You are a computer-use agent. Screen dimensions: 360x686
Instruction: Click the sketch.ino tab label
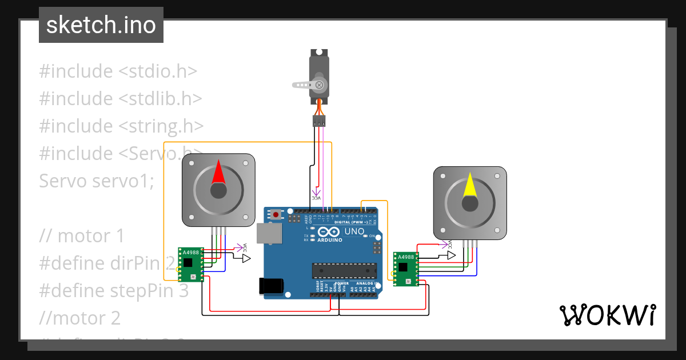(x=101, y=25)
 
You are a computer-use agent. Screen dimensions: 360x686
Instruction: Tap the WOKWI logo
(x=607, y=315)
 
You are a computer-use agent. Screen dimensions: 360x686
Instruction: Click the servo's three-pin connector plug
(x=319, y=121)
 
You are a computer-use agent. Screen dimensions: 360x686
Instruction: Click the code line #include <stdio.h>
(x=118, y=71)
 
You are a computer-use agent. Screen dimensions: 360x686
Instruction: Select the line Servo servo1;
(x=97, y=181)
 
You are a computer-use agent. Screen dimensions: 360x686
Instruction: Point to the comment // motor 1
(x=82, y=235)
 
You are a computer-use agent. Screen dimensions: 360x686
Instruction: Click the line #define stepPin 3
(x=114, y=290)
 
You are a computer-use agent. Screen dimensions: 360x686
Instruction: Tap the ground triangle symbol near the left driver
(x=246, y=258)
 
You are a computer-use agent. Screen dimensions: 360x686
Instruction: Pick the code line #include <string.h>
(x=121, y=126)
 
